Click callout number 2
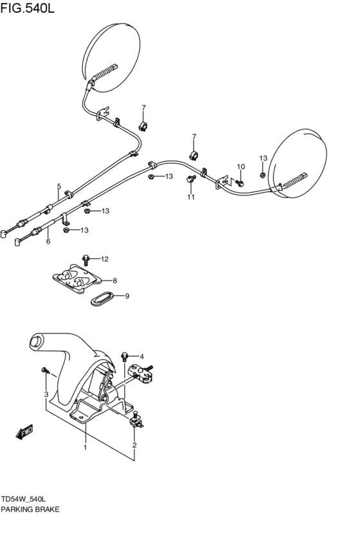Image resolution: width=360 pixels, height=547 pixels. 134,445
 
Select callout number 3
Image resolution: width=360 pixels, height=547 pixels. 46,394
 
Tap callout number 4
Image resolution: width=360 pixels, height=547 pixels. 141,356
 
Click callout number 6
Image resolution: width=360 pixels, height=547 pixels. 48,242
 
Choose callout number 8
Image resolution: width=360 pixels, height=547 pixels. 114,280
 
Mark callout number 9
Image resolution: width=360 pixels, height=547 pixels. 127,296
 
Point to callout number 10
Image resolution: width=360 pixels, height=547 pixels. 241,167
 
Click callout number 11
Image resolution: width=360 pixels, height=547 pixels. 191,197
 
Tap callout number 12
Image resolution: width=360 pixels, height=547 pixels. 105,259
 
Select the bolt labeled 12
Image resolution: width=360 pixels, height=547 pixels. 86,259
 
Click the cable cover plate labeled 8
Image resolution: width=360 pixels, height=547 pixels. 77,280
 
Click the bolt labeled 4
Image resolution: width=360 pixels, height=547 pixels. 126,355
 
